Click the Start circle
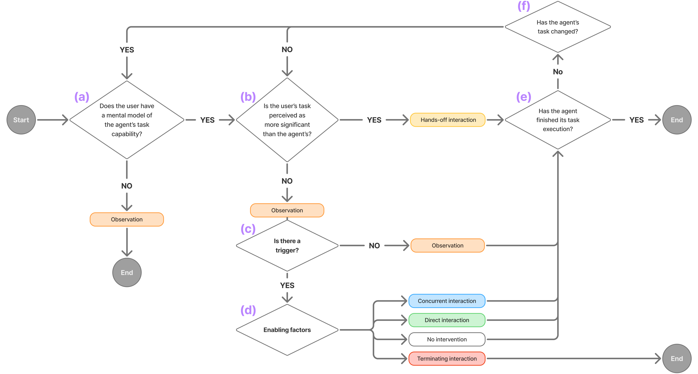click(x=21, y=120)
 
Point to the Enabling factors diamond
click(x=287, y=330)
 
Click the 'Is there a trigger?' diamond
click(x=287, y=246)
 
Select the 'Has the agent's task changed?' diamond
click(x=558, y=27)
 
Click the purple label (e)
click(x=523, y=97)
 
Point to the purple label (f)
click(x=523, y=6)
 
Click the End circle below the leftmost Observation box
click(x=127, y=272)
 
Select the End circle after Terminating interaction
click(x=677, y=358)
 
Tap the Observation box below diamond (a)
click(x=127, y=219)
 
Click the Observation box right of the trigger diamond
click(x=447, y=246)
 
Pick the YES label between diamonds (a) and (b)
click(x=207, y=120)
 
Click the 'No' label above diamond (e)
click(x=558, y=72)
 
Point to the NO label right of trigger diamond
click(x=374, y=246)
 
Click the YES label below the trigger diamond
click(x=287, y=285)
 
